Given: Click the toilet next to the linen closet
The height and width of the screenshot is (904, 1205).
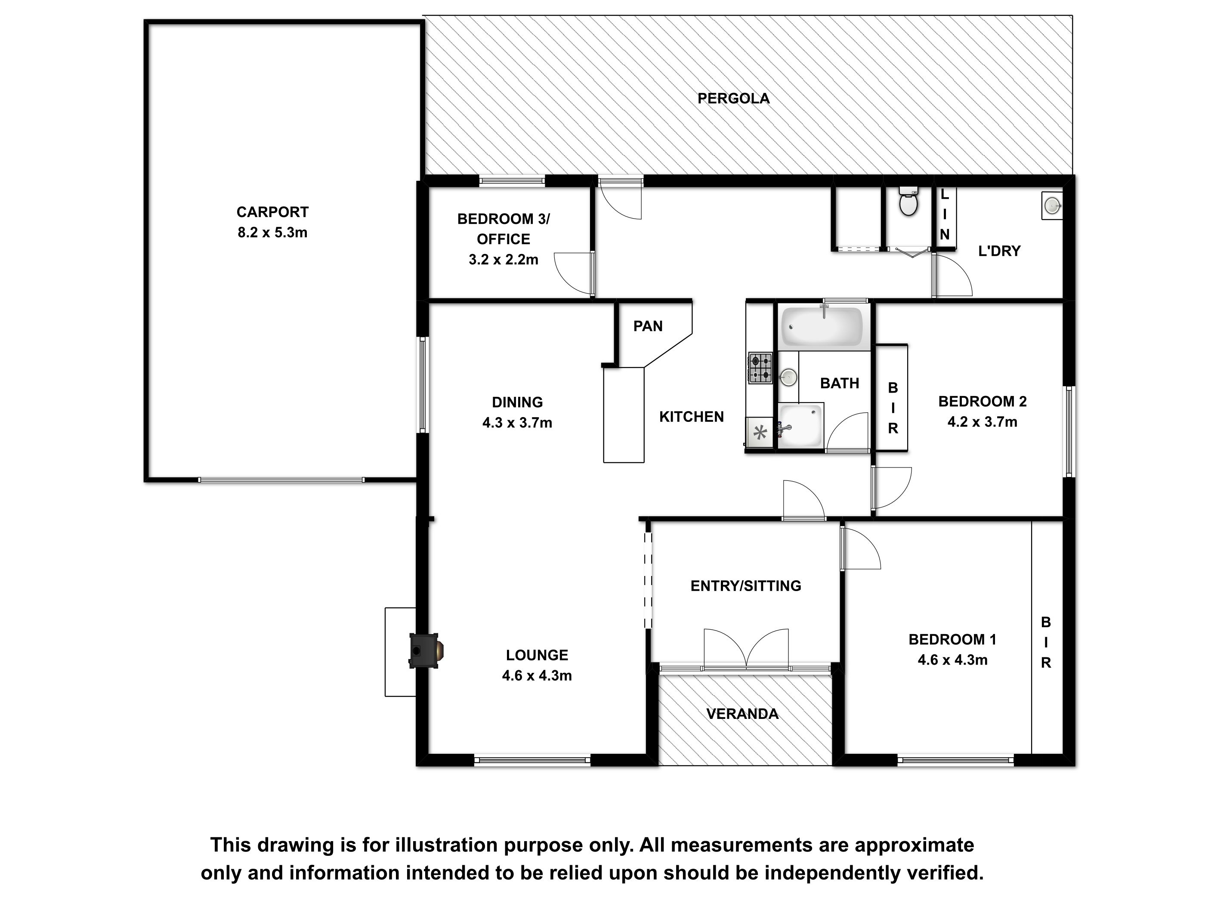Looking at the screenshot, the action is pyautogui.click(x=908, y=201).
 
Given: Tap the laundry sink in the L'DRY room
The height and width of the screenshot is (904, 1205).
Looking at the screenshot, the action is pyautogui.click(x=1052, y=205).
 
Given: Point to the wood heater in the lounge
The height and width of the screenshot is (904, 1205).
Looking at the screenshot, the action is pyautogui.click(x=426, y=650).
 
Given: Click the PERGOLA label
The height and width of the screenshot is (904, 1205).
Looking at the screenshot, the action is pyautogui.click(x=733, y=99).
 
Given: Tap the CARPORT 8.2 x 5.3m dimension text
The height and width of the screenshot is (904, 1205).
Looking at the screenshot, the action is pyautogui.click(x=272, y=233).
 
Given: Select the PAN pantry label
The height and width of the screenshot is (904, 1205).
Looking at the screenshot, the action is pyautogui.click(x=648, y=326).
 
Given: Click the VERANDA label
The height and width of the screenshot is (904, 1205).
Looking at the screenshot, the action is pyautogui.click(x=742, y=714).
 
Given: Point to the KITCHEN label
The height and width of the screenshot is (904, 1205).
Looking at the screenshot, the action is pyautogui.click(x=691, y=417).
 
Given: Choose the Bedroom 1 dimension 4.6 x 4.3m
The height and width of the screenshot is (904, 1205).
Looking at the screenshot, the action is pyautogui.click(x=952, y=660).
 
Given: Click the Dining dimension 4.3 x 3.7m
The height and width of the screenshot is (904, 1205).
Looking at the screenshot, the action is pyautogui.click(x=517, y=423).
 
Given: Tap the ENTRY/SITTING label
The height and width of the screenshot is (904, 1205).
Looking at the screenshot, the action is pyautogui.click(x=746, y=586).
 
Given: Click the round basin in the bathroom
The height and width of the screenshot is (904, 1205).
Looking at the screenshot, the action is pyautogui.click(x=788, y=377).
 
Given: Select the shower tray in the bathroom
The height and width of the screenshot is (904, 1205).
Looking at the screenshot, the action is pyautogui.click(x=800, y=425).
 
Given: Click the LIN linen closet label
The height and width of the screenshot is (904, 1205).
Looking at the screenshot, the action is pyautogui.click(x=945, y=215).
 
